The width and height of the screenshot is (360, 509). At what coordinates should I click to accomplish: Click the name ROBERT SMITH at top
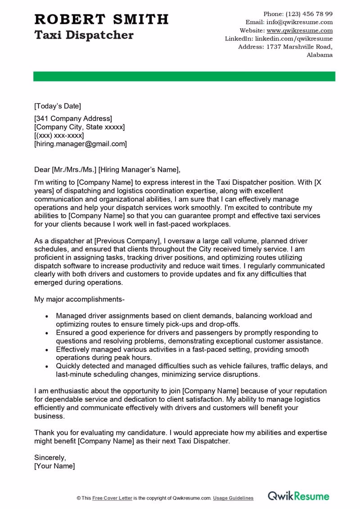(101, 19)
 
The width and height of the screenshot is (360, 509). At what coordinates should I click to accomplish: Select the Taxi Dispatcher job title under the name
(84, 35)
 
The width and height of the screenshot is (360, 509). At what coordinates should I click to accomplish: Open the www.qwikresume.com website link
(299, 31)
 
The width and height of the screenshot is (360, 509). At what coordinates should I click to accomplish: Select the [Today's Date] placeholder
(58, 106)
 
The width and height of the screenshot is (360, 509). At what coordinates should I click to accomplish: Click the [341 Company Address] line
(73, 119)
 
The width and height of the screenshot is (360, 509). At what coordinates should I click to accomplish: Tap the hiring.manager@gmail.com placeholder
(81, 144)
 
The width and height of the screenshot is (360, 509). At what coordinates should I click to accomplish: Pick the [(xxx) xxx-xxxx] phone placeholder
(59, 135)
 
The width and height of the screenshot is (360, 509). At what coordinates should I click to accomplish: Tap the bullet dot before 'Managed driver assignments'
(48, 316)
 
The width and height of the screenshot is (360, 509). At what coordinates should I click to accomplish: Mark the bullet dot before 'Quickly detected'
(48, 366)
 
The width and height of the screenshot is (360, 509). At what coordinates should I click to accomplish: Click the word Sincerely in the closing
(50, 458)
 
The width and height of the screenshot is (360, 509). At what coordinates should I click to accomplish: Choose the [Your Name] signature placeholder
(54, 466)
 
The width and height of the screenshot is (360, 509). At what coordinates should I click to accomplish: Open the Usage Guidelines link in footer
(233, 498)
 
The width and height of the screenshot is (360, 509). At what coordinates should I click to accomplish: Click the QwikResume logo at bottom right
(298, 496)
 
